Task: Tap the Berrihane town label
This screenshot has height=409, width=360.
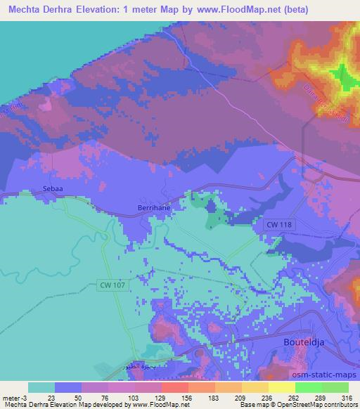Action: click(x=153, y=209)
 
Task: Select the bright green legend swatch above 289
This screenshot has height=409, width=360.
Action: click(x=309, y=387)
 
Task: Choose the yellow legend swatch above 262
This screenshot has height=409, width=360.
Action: click(x=282, y=387)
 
